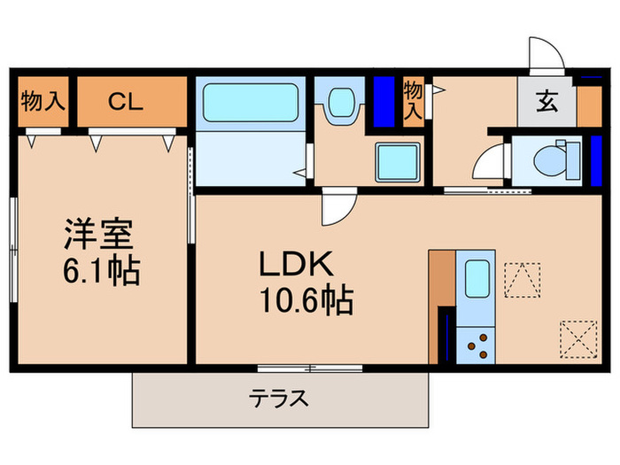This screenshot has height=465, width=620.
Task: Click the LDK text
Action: point(295,265)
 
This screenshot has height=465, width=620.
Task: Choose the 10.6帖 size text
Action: point(306,301)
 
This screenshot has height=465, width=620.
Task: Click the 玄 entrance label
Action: point(546,101)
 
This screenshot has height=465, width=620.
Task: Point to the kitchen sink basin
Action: point(477,280)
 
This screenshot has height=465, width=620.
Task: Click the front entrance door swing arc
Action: point(543,54)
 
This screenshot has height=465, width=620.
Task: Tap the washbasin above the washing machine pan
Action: point(340,105)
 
